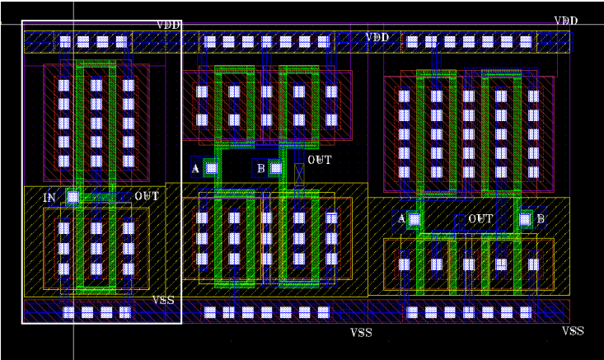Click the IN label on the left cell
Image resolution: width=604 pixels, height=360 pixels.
[x=49, y=198]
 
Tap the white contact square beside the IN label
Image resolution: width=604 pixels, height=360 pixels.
[x=73, y=197]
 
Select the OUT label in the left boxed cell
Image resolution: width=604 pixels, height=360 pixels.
[x=147, y=197]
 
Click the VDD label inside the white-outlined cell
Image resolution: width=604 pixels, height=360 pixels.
[x=168, y=25]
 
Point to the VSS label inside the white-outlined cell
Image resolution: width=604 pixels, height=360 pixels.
[x=163, y=300]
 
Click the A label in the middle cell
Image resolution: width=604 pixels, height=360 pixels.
[x=195, y=168]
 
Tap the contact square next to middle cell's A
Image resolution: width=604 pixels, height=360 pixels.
[x=212, y=168]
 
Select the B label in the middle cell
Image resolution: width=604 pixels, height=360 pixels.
[x=260, y=168]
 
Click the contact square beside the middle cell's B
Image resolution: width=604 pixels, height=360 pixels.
[x=276, y=168]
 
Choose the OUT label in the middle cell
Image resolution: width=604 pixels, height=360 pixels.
[x=319, y=160]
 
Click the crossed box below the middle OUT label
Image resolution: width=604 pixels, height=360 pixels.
[x=299, y=174]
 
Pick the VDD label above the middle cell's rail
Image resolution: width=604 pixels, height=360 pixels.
[x=377, y=37]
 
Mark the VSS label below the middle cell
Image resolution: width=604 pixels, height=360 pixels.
[x=361, y=333]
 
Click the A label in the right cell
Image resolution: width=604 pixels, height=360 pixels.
[x=401, y=218]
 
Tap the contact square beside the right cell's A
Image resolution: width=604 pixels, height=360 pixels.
[x=414, y=219]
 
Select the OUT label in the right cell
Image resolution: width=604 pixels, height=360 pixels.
[x=480, y=219]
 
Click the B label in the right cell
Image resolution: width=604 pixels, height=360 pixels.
[x=541, y=219]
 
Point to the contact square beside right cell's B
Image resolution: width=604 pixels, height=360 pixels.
[x=525, y=219]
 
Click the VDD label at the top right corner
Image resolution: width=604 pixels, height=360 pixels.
[x=566, y=21]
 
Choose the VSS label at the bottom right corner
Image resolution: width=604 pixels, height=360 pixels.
[x=573, y=331]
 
